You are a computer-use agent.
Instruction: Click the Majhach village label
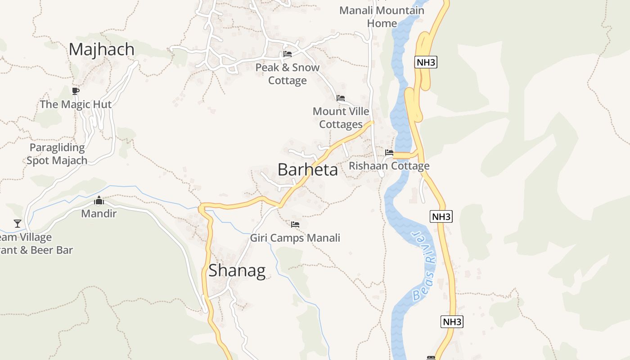tap(102, 49)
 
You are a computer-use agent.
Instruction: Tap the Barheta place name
tap(308, 170)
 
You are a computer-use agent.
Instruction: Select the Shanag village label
tap(237, 270)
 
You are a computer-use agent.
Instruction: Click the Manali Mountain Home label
tap(382, 17)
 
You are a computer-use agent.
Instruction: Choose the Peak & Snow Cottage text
tap(287, 74)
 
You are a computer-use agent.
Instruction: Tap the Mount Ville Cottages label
tap(341, 117)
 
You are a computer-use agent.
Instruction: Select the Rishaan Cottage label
tap(389, 166)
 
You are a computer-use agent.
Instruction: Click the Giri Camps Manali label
tap(295, 238)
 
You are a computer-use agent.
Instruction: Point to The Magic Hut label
tap(76, 104)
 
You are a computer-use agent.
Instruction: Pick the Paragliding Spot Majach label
tap(57, 154)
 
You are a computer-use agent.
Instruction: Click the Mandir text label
tap(99, 213)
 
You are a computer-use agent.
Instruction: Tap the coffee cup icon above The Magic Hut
tap(76, 91)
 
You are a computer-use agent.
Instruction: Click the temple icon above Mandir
tap(99, 200)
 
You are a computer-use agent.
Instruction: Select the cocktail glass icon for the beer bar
tap(18, 223)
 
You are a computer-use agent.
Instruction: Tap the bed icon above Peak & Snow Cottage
tap(288, 54)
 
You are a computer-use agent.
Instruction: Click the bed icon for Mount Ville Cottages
tap(341, 98)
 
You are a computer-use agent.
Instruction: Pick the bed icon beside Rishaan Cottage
tap(389, 153)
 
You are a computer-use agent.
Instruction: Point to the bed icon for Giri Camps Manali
tap(295, 224)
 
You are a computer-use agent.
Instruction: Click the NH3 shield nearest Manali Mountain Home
tap(426, 62)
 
